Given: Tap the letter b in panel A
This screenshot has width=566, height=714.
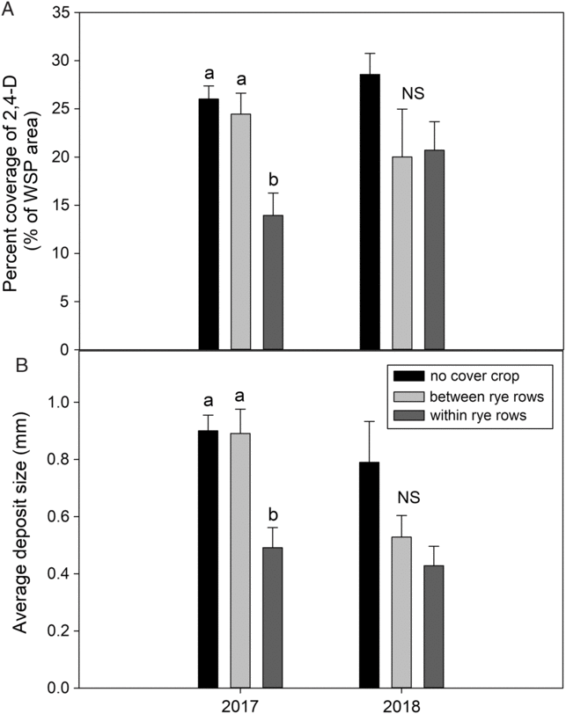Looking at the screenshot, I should [273, 176].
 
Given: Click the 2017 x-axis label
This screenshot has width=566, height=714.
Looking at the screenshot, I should [241, 704].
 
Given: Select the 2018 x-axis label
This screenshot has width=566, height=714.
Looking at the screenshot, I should [402, 704].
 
